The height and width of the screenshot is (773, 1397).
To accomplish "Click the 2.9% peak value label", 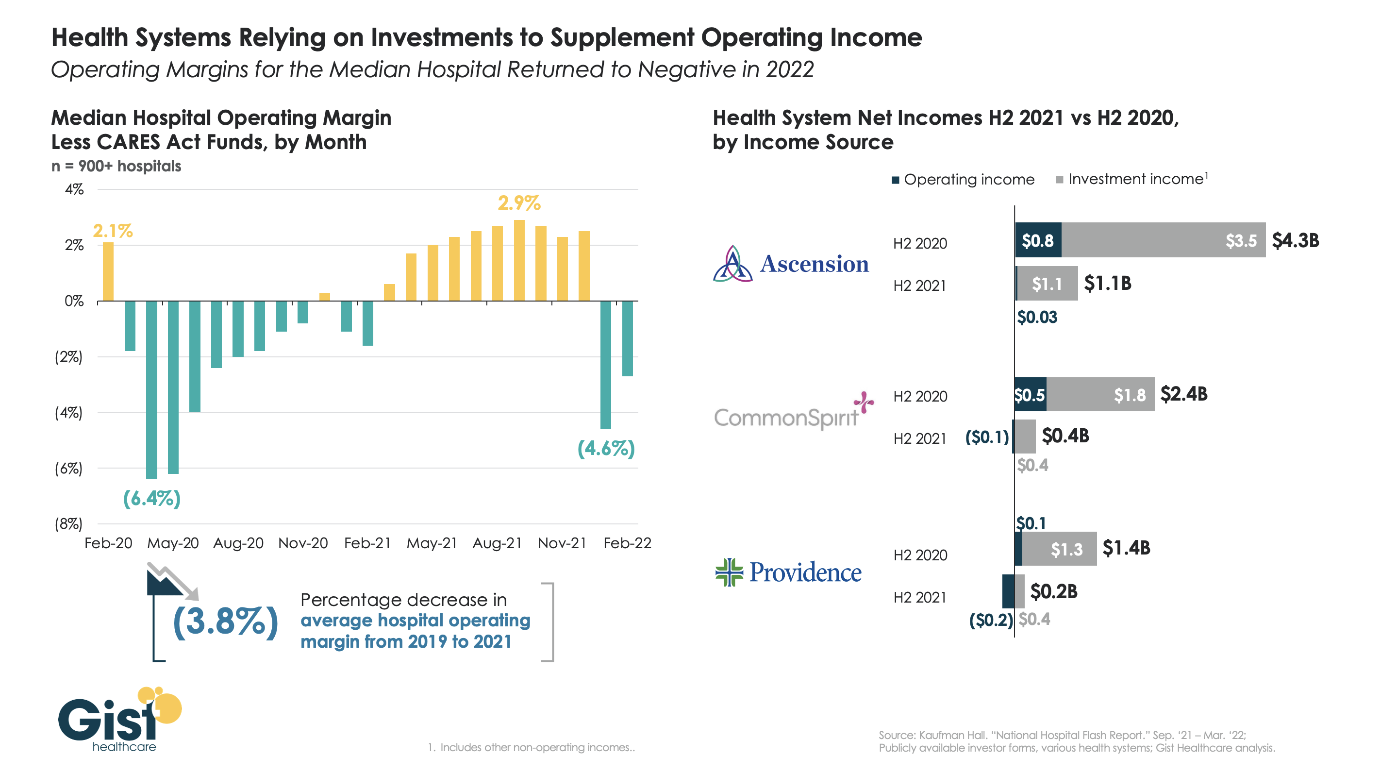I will (x=518, y=203).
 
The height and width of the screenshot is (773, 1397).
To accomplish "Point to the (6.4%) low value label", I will (x=151, y=498).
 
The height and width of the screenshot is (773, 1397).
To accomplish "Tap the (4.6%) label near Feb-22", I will (x=606, y=449).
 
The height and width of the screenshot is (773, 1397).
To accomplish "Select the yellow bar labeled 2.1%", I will (x=108, y=271).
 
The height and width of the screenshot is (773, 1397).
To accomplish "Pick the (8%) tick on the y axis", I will (x=69, y=524).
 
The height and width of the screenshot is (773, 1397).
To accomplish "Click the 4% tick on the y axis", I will (x=74, y=189).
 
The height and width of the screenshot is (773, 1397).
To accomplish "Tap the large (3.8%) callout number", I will (x=225, y=622).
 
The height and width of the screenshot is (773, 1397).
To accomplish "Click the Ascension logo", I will (x=791, y=264).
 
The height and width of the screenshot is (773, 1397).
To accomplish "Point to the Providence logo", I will (x=788, y=572).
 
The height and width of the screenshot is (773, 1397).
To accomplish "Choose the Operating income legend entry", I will (x=963, y=180).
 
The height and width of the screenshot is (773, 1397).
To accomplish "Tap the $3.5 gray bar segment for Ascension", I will (x=1163, y=240).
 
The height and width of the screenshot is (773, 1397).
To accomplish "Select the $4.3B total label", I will (x=1295, y=240).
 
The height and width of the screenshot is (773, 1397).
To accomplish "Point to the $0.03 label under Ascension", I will (x=1037, y=318).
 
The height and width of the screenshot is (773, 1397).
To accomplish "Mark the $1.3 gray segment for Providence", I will (x=1059, y=549).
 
